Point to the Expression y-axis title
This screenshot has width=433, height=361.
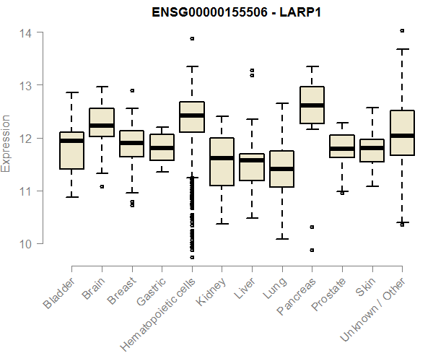coord(6,143)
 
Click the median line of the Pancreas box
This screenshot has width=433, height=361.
coord(312,105)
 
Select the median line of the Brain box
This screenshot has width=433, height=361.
coord(102,126)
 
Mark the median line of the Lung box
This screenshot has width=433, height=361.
coord(282,169)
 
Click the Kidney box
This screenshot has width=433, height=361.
coord(222,162)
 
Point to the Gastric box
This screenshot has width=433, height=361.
coord(162,147)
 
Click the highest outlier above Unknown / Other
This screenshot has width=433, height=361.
coord(402,31)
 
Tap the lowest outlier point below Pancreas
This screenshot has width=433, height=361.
coord(312,251)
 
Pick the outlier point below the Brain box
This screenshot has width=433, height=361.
coord(102,186)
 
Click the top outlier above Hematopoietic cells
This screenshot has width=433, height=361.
coord(192,39)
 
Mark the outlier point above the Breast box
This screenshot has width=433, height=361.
coord(132,91)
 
